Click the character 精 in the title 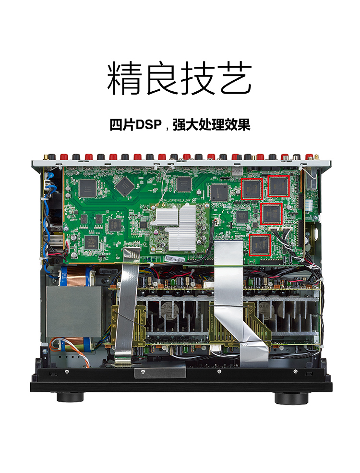click(125, 78)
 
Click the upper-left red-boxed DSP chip click(251, 188)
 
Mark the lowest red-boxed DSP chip click(260, 245)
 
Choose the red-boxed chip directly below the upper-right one click(271, 214)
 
